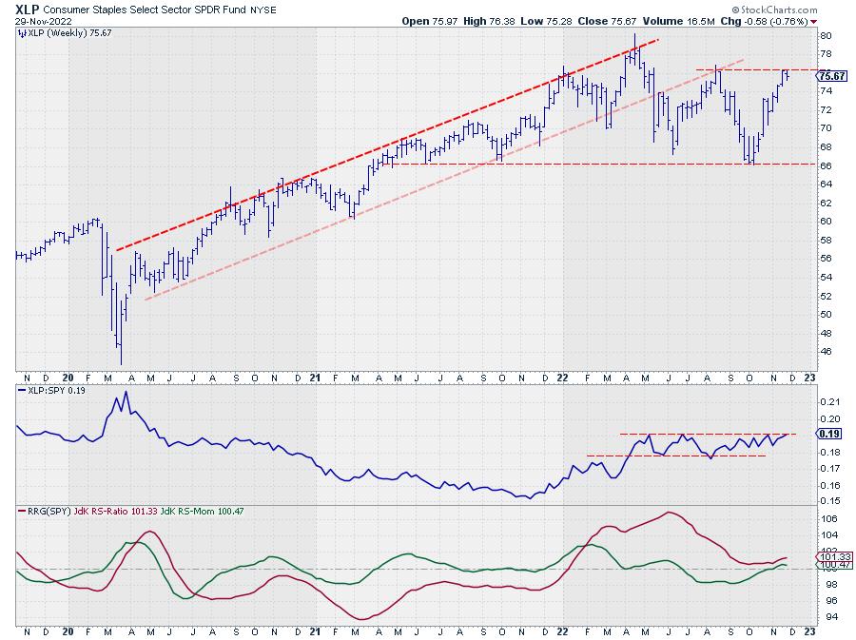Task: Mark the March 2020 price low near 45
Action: [121, 362]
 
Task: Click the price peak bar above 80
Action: [633, 36]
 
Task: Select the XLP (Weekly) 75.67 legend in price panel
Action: [59, 32]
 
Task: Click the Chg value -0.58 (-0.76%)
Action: [776, 20]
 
